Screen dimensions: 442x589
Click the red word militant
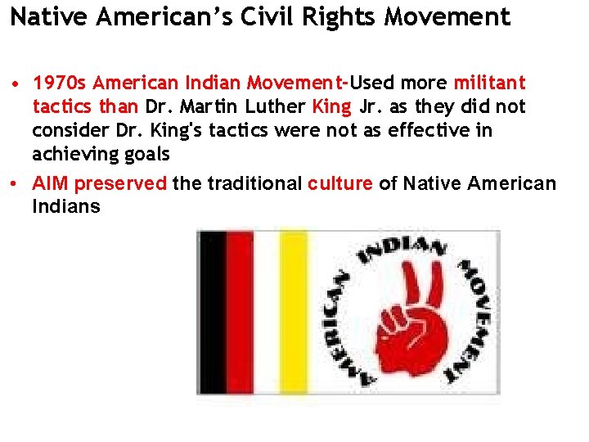coord(489,83)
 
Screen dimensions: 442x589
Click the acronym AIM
coord(50,183)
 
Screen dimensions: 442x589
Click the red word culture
coord(339,183)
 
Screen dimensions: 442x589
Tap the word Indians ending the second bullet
coord(65,206)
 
